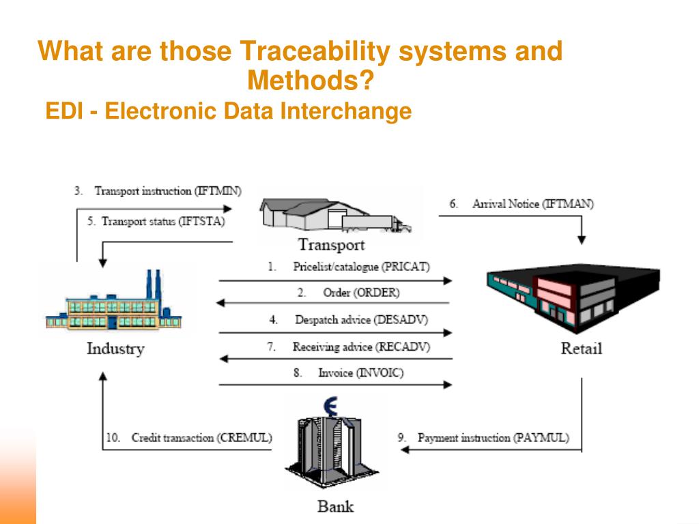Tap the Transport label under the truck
coord(331,244)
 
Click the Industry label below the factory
coord(115,349)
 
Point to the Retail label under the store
coord(581,348)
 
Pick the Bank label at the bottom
coord(336,506)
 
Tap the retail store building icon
coord(572,297)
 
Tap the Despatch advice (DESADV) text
coord(361,319)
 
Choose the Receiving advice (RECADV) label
coord(361,347)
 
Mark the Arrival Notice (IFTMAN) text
coord(533,204)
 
